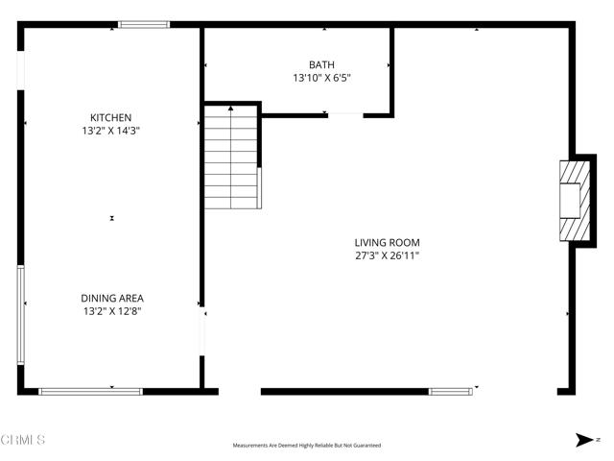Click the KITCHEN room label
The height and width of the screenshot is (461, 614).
[111, 117]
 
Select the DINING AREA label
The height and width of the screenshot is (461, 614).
[112, 298]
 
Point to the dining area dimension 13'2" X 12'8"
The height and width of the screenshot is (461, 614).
[112, 310]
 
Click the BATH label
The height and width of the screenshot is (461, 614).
[321, 64]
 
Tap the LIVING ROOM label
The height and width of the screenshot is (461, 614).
[387, 243]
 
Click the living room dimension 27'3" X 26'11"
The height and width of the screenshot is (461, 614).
[387, 255]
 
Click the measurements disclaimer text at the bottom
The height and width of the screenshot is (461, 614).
[306, 446]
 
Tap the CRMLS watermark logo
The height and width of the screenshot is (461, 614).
[23, 440]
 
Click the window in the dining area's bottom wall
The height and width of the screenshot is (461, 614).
[90, 391]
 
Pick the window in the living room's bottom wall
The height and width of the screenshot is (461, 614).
[451, 391]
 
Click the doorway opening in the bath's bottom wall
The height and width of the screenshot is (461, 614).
[345, 114]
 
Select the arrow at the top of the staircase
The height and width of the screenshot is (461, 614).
[231, 109]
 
